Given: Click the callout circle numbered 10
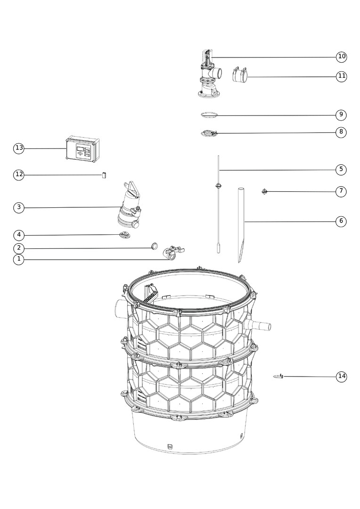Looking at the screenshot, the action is [341, 57].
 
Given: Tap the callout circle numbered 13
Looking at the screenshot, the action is [19, 148].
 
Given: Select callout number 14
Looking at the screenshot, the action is [341, 376].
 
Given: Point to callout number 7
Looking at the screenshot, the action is [341, 191].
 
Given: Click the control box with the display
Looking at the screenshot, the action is [82, 149].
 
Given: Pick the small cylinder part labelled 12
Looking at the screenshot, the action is [104, 175].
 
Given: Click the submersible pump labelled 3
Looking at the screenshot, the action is [128, 205].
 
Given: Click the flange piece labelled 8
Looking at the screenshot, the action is [209, 133].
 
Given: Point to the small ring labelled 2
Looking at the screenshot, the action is [155, 246].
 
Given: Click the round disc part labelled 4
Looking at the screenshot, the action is [124, 235].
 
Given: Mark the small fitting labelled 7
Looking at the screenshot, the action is [265, 191].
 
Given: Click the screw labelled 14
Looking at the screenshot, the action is [278, 376].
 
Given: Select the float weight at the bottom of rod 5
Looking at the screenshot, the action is [219, 249].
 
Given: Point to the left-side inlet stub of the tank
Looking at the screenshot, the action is [120, 306].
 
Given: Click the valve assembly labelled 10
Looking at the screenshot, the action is [209, 74].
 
